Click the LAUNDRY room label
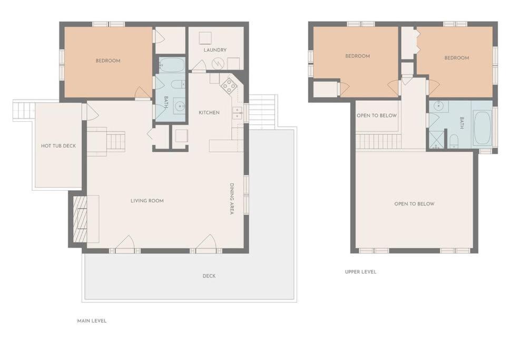(x=215, y=50)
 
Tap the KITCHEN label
(x=209, y=113)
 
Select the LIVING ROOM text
(x=147, y=201)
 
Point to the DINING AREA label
(x=232, y=199)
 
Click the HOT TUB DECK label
(x=58, y=146)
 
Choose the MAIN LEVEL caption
(x=92, y=321)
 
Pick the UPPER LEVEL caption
(x=360, y=272)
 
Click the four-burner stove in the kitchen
(x=229, y=85)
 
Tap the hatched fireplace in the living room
(x=80, y=219)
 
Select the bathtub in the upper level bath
(x=482, y=128)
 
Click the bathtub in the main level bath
(x=171, y=64)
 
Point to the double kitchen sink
(x=237, y=113)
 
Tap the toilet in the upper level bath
(x=454, y=141)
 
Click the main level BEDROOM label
(x=108, y=61)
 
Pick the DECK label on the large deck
(x=209, y=276)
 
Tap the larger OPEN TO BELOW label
(x=414, y=204)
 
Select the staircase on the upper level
(x=379, y=142)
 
